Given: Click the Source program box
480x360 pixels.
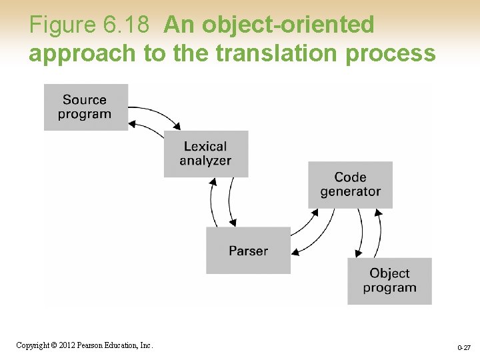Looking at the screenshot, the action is (85, 107).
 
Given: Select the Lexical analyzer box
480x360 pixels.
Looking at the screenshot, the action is (205, 153).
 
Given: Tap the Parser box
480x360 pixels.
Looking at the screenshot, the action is (248, 251).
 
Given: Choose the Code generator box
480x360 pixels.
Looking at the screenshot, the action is (350, 185).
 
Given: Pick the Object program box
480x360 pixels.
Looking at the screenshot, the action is (389, 281).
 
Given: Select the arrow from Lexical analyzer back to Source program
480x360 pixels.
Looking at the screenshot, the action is (148, 129).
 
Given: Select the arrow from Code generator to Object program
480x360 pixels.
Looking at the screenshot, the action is (361, 233).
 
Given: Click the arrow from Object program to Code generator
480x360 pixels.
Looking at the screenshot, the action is (379, 233).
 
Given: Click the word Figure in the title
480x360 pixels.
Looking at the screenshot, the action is (63, 25).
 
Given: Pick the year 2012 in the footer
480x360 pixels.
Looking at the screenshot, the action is (66, 345).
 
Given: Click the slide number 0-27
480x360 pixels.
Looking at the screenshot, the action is (464, 348).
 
